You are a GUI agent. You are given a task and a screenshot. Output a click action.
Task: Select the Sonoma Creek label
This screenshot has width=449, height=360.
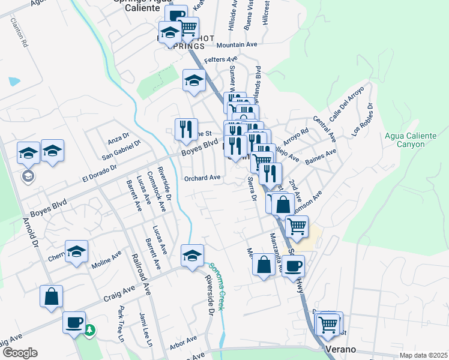(x=217, y=286)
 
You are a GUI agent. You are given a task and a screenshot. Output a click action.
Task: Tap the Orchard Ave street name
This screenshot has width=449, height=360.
(x=202, y=178)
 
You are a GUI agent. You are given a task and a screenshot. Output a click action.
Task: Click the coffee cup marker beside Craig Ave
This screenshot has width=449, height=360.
(x=74, y=322)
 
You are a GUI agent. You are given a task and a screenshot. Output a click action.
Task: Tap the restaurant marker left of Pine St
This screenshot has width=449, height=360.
(x=186, y=128)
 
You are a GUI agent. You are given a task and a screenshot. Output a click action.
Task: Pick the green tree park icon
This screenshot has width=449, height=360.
(x=90, y=329)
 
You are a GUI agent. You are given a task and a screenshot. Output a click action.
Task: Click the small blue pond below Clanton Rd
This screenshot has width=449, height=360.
(x=14, y=81)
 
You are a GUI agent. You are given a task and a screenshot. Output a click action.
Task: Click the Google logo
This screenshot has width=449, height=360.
(x=20, y=353)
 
